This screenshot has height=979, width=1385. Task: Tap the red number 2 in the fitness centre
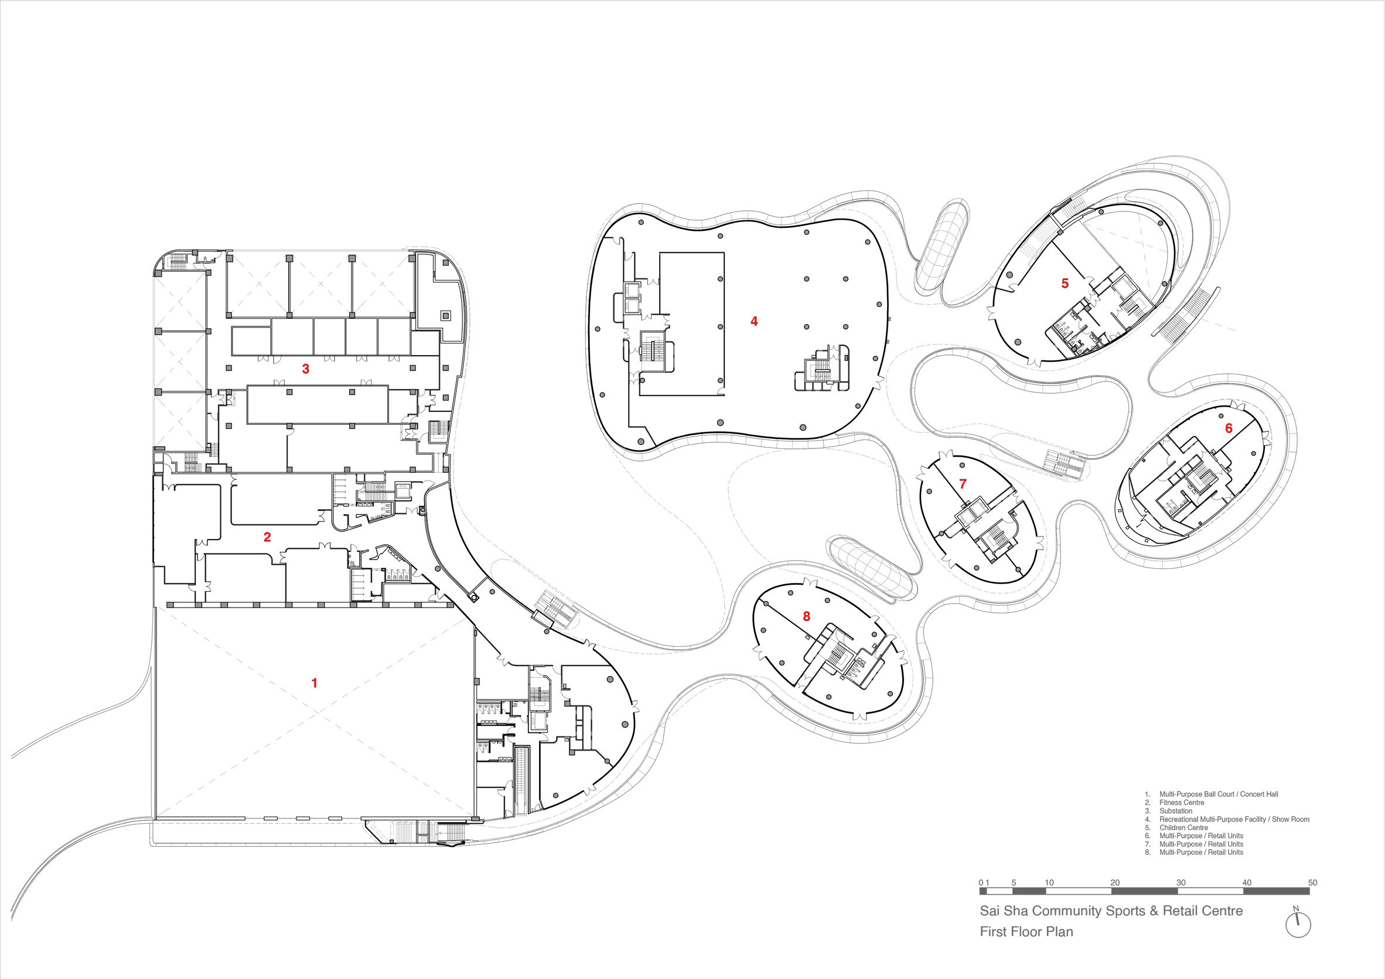tap(267, 537)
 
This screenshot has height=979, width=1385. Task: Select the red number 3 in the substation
tap(306, 369)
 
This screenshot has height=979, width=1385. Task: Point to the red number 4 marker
tap(754, 322)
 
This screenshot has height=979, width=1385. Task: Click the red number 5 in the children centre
tap(1065, 283)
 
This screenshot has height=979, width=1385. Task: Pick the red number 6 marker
tap(1229, 428)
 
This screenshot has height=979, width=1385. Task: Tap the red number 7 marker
tap(963, 484)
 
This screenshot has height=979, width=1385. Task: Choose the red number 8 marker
tap(807, 616)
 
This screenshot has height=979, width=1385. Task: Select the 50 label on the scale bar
tap(1312, 882)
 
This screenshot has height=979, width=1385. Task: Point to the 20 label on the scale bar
tap(1115, 882)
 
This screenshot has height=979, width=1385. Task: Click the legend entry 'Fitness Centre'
tap(1182, 803)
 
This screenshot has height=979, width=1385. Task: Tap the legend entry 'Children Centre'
tap(1183, 828)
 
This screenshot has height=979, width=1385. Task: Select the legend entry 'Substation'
tap(1176, 811)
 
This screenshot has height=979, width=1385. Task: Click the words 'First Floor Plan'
tap(1026, 932)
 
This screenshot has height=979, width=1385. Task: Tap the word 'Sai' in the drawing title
tap(991, 911)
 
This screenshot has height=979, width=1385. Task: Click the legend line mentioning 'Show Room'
tap(1227, 819)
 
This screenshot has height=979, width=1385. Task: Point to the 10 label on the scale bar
tap(1049, 882)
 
